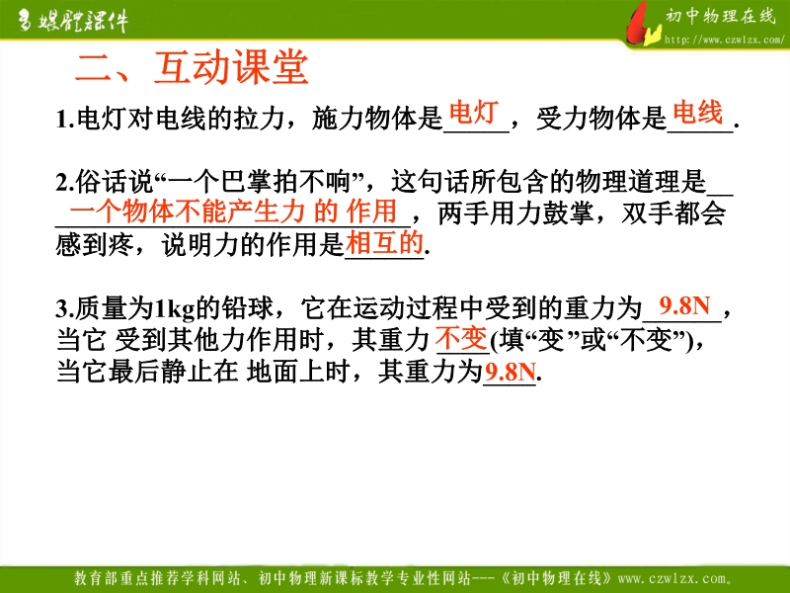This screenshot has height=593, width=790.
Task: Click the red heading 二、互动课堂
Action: point(192,67)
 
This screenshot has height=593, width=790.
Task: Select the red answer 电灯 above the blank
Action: point(474,112)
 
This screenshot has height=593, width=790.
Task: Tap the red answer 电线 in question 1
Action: point(698,112)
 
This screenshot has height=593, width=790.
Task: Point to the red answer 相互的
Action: point(384,243)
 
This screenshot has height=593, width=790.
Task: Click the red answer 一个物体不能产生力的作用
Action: point(233,211)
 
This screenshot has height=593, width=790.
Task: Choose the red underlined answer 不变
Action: point(461,339)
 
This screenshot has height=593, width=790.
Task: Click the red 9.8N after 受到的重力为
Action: point(684,306)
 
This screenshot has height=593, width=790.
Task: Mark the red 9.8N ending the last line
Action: point(510,373)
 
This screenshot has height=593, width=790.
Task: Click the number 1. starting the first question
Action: point(65,120)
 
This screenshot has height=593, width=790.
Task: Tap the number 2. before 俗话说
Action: point(65,183)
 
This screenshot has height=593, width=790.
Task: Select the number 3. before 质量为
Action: point(65,308)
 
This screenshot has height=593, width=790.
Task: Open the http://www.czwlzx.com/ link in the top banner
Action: point(725,40)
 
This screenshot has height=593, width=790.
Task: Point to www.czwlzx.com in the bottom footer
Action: point(674,578)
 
